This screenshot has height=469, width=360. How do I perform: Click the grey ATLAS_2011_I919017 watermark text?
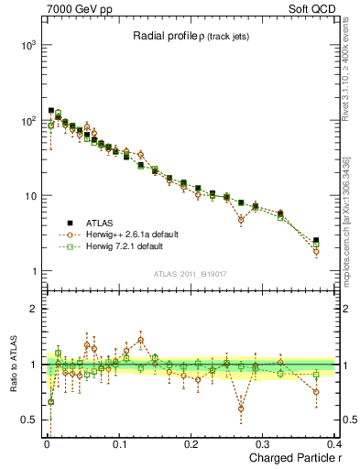pyautogui.click(x=191, y=274)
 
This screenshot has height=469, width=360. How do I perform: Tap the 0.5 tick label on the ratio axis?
pyautogui.click(x=29, y=420)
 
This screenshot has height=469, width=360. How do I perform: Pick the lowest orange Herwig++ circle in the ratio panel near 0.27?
pyautogui.click(x=241, y=409)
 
